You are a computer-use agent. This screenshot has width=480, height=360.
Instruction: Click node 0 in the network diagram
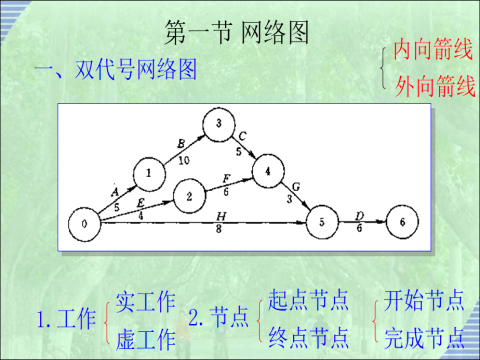(x=86, y=222)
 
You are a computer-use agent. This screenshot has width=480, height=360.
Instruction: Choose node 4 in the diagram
(x=267, y=170)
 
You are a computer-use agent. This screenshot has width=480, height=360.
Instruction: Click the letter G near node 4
(x=296, y=186)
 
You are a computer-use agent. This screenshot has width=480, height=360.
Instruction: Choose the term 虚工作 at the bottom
(x=145, y=334)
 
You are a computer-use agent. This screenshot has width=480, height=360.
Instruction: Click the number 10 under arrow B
(x=184, y=158)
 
